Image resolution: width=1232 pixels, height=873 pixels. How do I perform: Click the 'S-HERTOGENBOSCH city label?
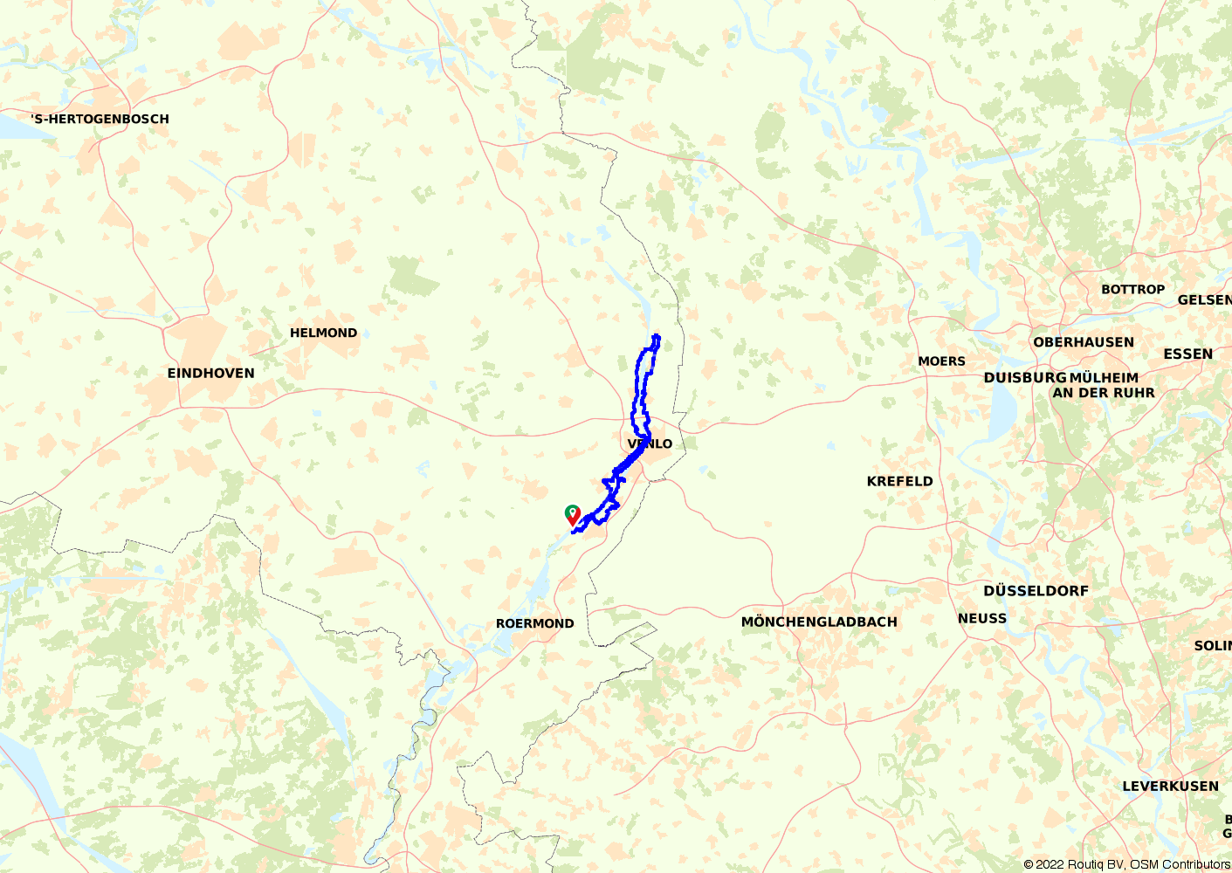[100, 119]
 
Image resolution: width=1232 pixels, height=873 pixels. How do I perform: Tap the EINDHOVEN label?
[211, 373]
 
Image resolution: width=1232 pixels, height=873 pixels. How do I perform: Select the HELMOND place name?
[323, 333]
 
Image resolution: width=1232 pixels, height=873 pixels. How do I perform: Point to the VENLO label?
[650, 443]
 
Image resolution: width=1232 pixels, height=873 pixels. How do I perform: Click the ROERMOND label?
[534, 623]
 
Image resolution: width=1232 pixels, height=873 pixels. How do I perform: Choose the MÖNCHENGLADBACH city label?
[819, 622]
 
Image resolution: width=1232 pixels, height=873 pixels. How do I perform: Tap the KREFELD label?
[899, 481]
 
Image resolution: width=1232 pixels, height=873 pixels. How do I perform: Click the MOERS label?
[941, 361]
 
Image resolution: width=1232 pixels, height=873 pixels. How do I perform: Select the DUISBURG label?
[1024, 378]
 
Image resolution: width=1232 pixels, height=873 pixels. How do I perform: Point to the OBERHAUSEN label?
[1084, 342]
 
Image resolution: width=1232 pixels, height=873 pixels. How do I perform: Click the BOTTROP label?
[1132, 289]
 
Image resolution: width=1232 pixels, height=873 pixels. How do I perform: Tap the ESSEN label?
[1187, 354]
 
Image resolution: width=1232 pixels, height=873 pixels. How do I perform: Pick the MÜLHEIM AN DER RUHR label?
[1104, 385]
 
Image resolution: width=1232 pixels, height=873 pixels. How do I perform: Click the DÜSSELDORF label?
[1036, 590]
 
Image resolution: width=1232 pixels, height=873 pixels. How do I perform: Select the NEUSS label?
[982, 618]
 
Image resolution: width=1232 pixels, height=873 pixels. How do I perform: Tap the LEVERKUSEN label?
[1170, 786]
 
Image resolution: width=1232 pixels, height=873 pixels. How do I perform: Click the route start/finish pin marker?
[572, 514]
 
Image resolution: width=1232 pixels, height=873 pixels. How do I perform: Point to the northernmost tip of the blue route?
[656, 335]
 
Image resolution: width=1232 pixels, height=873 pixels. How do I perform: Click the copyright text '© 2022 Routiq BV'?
[1075, 864]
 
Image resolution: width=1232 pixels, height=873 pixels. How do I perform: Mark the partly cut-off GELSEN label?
[1204, 299]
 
